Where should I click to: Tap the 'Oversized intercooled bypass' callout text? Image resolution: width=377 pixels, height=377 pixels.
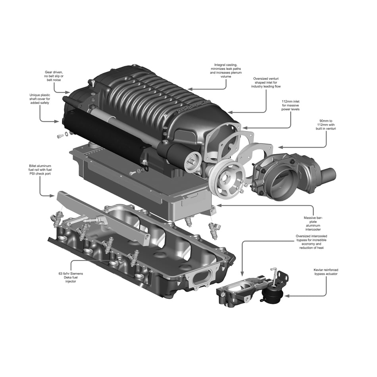(x=312, y=242)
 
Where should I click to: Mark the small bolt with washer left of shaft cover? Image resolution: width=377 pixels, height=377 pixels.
(x=61, y=136)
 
